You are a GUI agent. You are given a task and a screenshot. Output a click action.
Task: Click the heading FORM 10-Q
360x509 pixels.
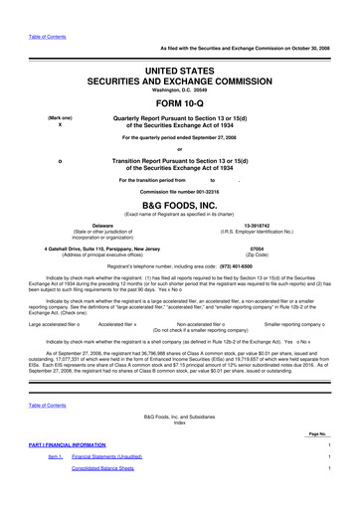(x=179, y=101)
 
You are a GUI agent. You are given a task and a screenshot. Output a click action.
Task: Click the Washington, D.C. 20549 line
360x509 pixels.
(x=179, y=86)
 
